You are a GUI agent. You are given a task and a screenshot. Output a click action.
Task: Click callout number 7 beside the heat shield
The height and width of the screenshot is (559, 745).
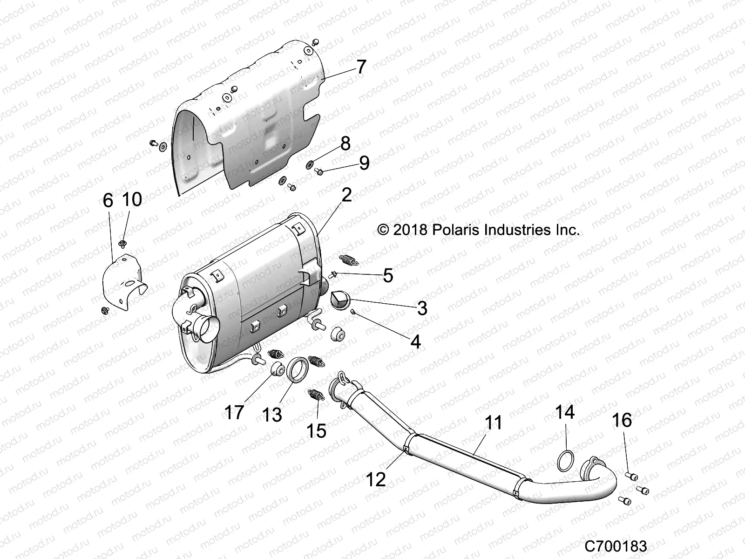(x=361, y=67)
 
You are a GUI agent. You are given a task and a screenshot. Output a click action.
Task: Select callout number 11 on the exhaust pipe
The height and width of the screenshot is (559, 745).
(x=494, y=423)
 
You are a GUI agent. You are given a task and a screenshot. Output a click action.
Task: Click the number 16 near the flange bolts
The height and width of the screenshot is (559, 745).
(x=622, y=420)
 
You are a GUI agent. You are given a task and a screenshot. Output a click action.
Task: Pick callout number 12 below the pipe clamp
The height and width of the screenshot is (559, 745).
(x=376, y=478)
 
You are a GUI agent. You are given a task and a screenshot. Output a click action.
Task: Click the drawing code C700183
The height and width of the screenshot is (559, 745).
(x=616, y=545)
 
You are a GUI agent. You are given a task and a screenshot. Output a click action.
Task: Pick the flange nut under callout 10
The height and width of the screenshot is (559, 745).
(x=123, y=243)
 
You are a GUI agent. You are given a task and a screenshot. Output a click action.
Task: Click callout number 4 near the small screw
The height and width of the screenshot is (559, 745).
(x=415, y=341)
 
